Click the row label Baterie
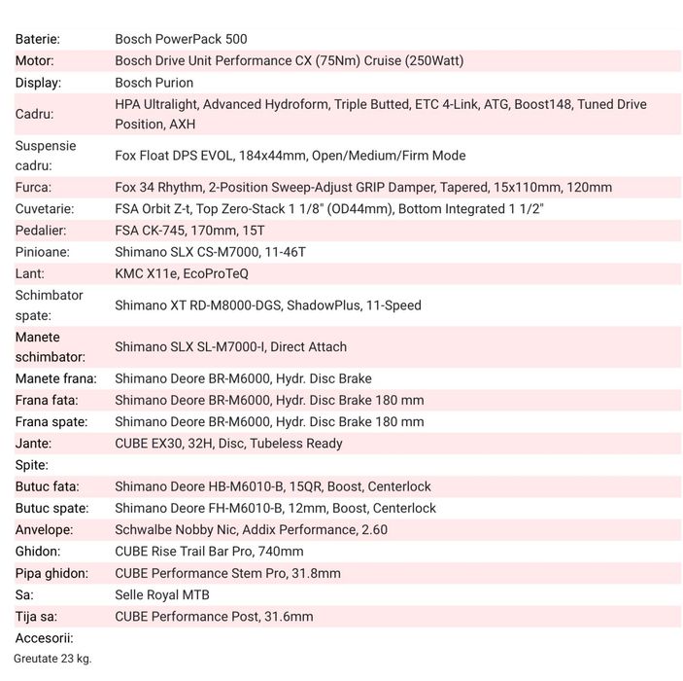[x=38, y=40]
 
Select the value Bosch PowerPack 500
[x=181, y=40]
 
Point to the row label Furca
[x=34, y=187]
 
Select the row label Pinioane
[x=43, y=252]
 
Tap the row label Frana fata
[x=47, y=400]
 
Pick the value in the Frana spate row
[x=269, y=421]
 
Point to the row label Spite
[x=32, y=465]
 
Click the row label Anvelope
[x=44, y=529]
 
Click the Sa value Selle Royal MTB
[x=162, y=594]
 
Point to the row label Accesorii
[x=45, y=638]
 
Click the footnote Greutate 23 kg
[x=52, y=659]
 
